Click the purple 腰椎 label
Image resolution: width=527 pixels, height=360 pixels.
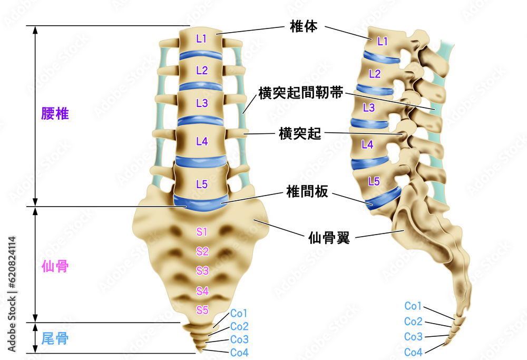(55, 114)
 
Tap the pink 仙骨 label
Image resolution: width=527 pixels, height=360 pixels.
(55, 267)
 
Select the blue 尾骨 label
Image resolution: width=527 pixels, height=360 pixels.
(55, 338)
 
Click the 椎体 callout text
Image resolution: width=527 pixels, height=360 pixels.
(304, 26)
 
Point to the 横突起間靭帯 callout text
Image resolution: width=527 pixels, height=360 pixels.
(301, 93)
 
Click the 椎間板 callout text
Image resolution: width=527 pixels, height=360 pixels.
(307, 192)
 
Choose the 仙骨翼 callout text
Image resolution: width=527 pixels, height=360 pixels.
(329, 238)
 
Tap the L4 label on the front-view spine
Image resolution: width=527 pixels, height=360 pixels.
(202, 141)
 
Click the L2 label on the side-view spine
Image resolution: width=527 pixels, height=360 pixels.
(374, 74)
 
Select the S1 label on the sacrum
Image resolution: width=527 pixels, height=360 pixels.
(202, 231)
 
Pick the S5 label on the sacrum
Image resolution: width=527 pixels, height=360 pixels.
(202, 310)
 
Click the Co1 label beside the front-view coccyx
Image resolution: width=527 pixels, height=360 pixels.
(239, 313)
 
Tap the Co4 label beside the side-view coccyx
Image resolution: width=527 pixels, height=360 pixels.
(413, 352)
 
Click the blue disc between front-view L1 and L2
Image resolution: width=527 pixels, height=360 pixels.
(201, 55)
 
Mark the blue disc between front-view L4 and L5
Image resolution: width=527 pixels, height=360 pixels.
(201, 161)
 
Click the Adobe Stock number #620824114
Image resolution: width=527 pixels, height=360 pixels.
(12, 262)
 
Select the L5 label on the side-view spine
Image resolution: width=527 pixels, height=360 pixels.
(374, 181)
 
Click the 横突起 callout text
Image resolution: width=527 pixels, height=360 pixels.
(300, 134)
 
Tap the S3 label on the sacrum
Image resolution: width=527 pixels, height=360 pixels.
(202, 270)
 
